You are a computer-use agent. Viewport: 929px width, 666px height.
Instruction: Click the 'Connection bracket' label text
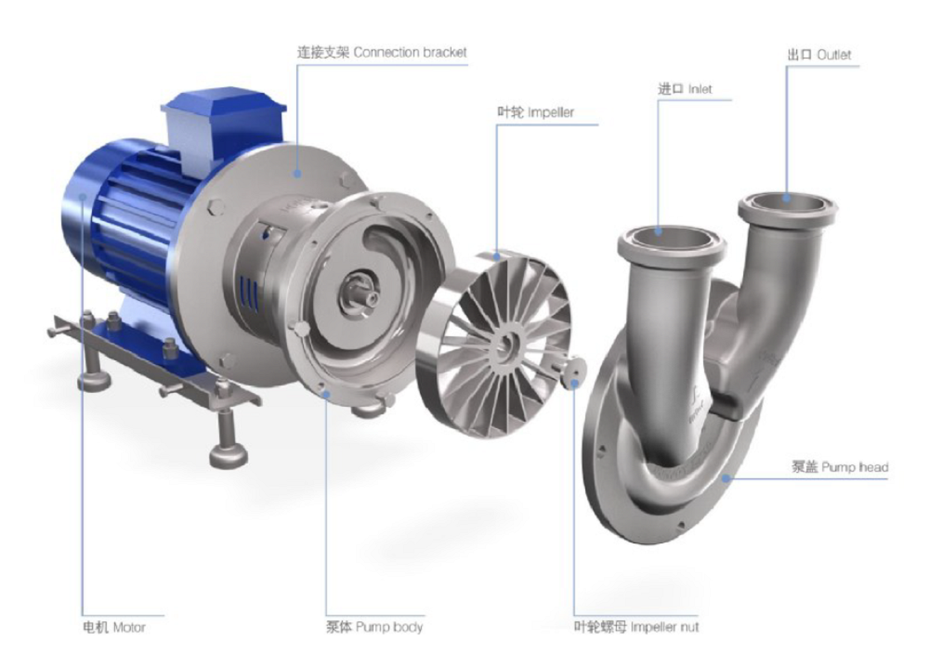(x=382, y=53)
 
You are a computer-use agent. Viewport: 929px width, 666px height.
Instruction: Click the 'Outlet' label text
(x=818, y=55)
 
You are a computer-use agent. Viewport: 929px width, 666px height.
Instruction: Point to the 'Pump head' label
(x=840, y=467)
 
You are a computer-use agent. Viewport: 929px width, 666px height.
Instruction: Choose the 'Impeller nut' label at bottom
(x=636, y=627)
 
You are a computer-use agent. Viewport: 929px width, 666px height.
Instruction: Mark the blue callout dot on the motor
(x=85, y=196)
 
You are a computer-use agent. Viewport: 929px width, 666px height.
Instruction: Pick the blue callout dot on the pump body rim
(x=327, y=393)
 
